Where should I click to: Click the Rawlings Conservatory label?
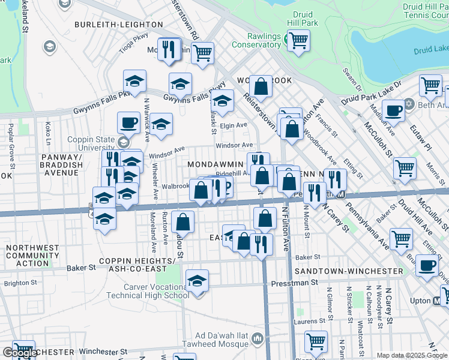256,40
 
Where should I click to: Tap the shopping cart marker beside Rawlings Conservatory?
298,41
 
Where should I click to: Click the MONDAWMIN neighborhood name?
215,164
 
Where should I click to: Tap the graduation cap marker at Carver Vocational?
197,281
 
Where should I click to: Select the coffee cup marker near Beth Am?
393,110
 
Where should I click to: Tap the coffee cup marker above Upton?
427,265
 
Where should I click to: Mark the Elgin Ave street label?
234,125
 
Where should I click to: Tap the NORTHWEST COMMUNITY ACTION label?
28,255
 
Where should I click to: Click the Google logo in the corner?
19,353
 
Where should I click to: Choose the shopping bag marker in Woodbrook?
261,86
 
